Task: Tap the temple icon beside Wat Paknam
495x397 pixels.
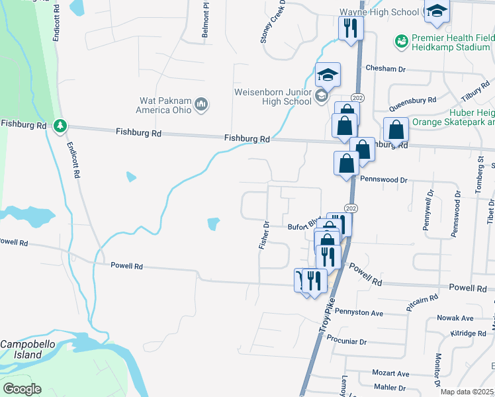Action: [x=202, y=104]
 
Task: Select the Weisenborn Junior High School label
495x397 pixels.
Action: [x=273, y=97]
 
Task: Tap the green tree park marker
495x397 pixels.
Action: [x=60, y=125]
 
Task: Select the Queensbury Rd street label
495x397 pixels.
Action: [x=412, y=104]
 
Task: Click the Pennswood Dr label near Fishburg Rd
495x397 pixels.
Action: [x=384, y=179]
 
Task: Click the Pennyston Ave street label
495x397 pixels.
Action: [x=359, y=312]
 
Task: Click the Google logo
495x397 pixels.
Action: [x=21, y=389]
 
